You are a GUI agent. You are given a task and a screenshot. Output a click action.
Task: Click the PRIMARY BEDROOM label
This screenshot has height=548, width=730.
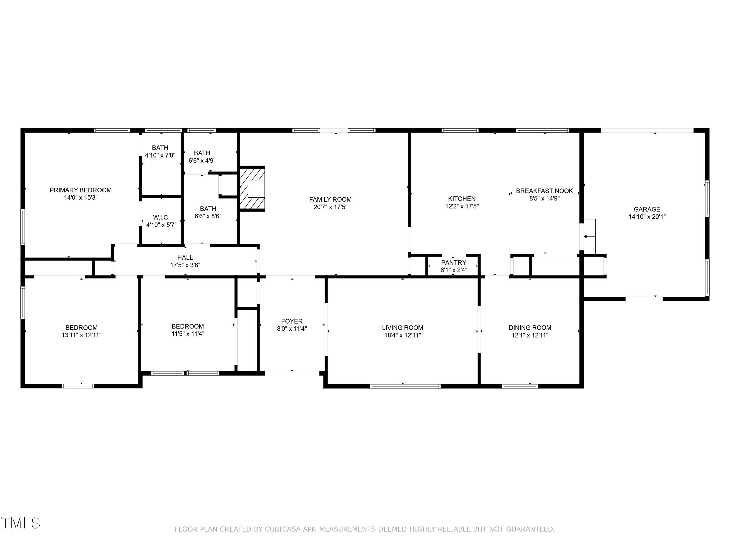tap(81, 190)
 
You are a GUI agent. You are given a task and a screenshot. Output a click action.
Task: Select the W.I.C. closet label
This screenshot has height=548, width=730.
tap(161, 217)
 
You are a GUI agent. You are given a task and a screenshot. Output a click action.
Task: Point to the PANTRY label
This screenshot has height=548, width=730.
tap(454, 263)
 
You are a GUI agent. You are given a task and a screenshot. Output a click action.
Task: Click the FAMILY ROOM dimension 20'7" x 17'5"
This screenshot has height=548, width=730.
tap(330, 207)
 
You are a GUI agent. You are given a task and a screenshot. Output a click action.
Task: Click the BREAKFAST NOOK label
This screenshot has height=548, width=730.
tap(545, 191)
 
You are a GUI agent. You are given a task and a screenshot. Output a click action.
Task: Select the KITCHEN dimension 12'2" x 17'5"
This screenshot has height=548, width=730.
tap(462, 206)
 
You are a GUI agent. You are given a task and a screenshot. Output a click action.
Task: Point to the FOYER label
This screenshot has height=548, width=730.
tap(292, 321)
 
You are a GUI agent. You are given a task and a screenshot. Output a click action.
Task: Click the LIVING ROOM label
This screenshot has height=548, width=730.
tap(403, 328)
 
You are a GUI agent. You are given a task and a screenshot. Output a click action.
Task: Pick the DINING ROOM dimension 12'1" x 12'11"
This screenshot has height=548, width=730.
tap(530, 335)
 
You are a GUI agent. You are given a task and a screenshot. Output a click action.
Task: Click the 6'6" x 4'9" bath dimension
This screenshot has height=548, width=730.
tap(202, 160)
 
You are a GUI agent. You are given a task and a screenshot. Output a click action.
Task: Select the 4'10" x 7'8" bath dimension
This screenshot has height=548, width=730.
tap(160, 155)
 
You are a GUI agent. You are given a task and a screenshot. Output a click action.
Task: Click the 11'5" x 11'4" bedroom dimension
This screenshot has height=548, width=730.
tap(188, 334)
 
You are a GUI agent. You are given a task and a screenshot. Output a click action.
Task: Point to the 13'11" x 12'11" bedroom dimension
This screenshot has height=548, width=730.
tap(81, 335)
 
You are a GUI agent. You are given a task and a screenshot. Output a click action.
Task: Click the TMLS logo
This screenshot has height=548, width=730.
tap(20, 523)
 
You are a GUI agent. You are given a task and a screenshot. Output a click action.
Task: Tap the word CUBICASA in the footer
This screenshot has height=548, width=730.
tap(283, 529)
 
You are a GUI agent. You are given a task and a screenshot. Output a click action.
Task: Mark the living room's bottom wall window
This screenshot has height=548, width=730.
tap(405, 386)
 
